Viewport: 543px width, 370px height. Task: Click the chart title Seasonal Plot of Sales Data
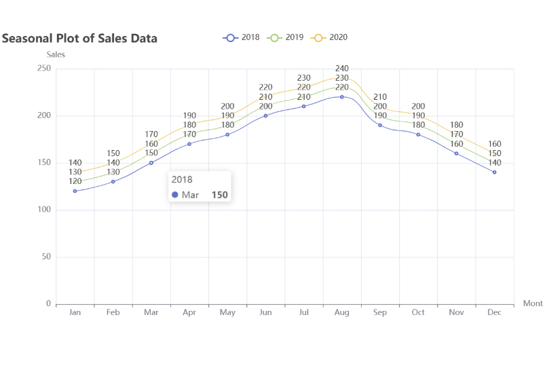click(x=79, y=39)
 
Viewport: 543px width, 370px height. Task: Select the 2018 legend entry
click(x=242, y=37)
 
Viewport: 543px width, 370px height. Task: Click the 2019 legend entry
click(x=286, y=37)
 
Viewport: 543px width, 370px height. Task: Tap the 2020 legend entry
click(x=330, y=37)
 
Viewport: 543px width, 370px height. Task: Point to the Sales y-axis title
click(x=56, y=54)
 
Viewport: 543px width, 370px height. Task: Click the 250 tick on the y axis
click(x=44, y=69)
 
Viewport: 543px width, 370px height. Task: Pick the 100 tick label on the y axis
click(x=44, y=210)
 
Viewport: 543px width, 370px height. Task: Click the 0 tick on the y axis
click(x=48, y=304)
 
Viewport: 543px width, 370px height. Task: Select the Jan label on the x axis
click(x=75, y=312)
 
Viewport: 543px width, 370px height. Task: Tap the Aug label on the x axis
click(x=342, y=312)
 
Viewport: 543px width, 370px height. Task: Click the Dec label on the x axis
click(x=494, y=312)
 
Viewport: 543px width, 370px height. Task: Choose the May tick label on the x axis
click(x=227, y=312)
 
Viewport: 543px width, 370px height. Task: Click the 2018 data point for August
click(x=342, y=96)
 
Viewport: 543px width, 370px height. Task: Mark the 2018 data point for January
click(x=75, y=191)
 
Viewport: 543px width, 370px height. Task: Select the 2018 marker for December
click(x=494, y=172)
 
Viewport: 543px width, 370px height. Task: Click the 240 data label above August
click(x=342, y=69)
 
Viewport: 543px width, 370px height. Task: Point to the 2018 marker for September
click(x=380, y=125)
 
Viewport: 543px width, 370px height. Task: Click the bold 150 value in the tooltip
click(x=219, y=195)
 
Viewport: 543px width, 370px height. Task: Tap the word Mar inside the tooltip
click(x=190, y=195)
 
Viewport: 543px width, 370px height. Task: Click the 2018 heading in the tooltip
click(x=182, y=180)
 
